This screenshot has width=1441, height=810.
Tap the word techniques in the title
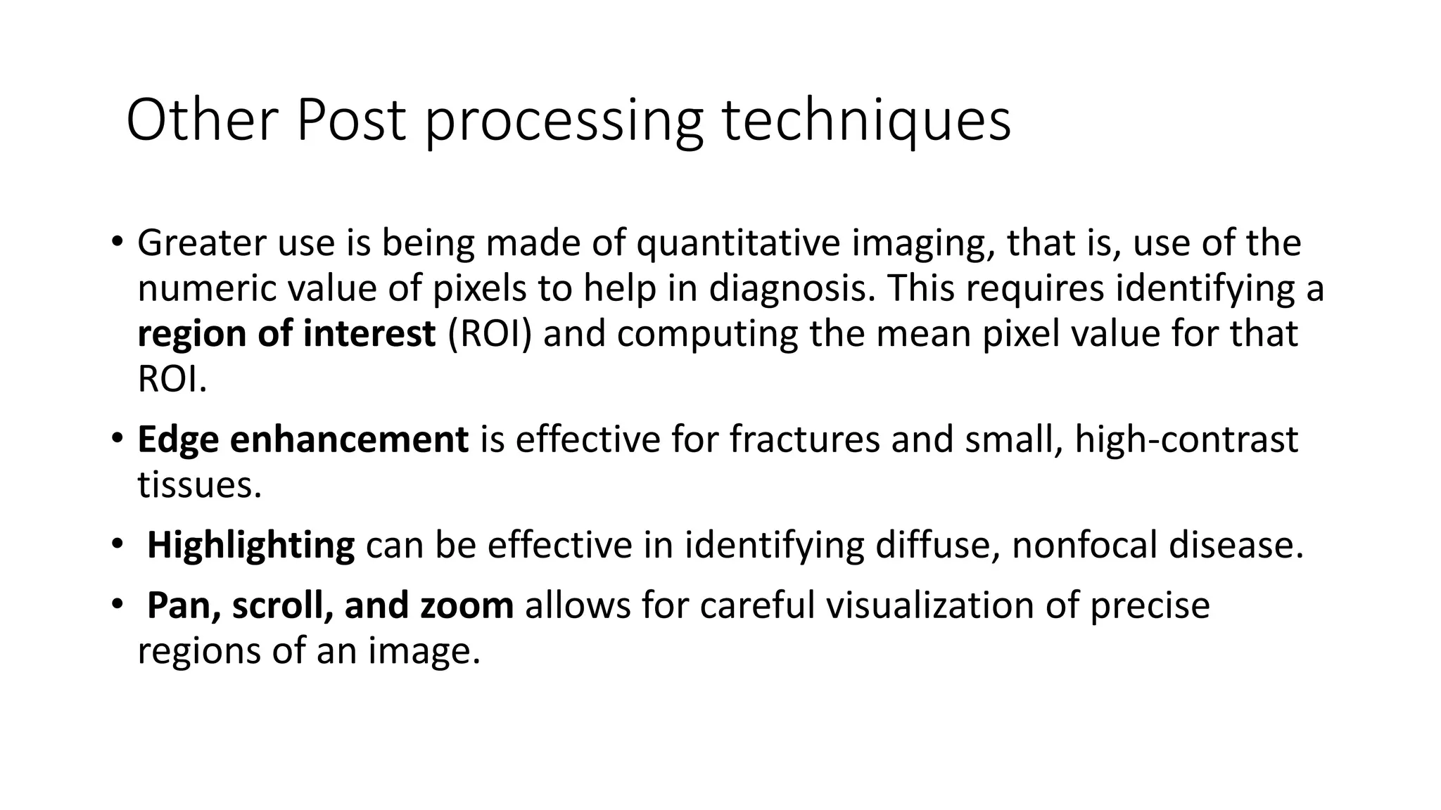point(867,121)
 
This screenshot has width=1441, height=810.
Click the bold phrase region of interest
point(286,333)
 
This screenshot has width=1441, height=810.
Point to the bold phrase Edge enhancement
point(303,439)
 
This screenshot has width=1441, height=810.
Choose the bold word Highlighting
point(250,546)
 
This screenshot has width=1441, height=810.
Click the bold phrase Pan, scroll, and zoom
point(330,605)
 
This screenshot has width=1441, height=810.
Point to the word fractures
point(804,439)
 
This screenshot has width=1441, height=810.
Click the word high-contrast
point(1186,439)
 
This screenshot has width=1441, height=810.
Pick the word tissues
point(199,485)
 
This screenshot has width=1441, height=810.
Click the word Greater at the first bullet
point(201,243)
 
